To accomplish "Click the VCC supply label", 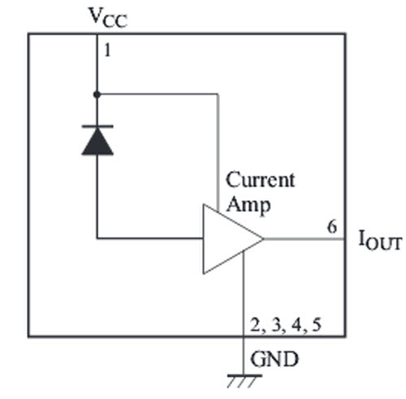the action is click(x=108, y=18).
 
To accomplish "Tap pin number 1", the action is click(x=107, y=50).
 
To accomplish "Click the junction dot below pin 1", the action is click(x=97, y=95).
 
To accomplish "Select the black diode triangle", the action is click(x=97, y=141).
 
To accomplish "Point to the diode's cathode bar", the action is click(x=97, y=126).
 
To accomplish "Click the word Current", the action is click(x=261, y=180).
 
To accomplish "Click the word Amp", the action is click(x=248, y=205).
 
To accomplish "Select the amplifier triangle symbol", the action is click(x=233, y=239).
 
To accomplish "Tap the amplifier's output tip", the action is click(x=263, y=239).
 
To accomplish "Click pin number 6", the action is click(x=332, y=226).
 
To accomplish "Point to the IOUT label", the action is click(x=379, y=240).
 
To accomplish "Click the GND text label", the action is click(x=274, y=359).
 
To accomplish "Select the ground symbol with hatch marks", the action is click(x=244, y=381).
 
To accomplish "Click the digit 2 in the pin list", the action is click(x=255, y=324).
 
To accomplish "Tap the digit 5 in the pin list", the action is click(x=317, y=324).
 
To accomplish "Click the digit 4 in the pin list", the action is click(x=296, y=324).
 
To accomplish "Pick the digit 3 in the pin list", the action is click(x=276, y=324).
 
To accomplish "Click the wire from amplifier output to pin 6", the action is click(x=304, y=239).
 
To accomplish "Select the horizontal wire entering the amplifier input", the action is click(x=150, y=238).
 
